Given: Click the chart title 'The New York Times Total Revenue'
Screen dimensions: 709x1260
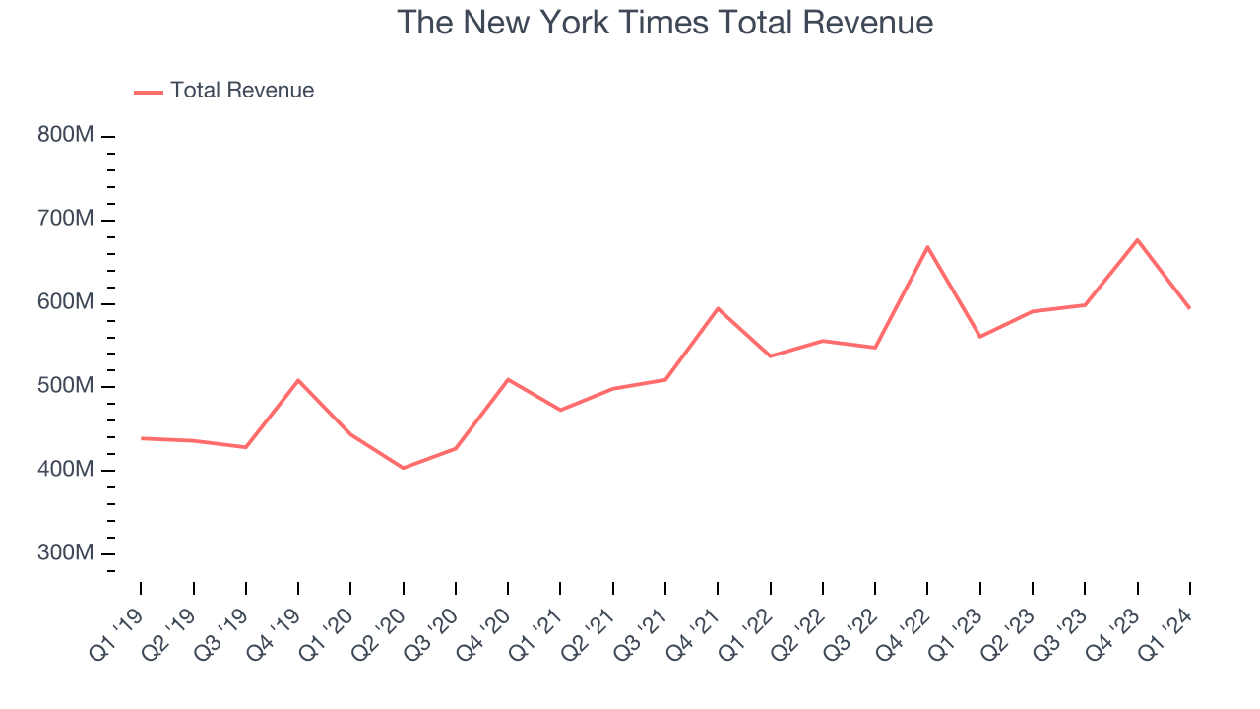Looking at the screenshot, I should click(664, 22).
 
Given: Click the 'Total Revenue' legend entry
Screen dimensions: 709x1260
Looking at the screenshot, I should click(241, 91).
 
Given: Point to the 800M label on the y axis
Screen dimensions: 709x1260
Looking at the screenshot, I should click(66, 135).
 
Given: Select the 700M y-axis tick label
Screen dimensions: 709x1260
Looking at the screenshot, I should click(66, 219).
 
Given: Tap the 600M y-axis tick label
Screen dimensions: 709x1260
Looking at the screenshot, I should click(66, 302).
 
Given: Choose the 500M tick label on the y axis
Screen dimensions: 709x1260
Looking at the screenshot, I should click(66, 386).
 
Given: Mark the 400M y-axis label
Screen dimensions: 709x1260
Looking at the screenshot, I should click(66, 470).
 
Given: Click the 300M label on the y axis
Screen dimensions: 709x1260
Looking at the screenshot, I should click(66, 553).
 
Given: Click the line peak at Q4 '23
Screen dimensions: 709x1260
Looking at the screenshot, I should click(1137, 239).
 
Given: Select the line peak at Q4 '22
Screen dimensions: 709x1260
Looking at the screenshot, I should click(927, 246).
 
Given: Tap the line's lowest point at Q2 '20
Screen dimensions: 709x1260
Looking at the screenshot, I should click(403, 468).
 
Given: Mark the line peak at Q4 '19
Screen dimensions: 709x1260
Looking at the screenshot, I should click(298, 380).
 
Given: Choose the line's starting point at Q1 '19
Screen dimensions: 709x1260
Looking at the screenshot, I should click(141, 438).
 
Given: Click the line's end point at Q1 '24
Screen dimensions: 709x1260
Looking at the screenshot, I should click(1189, 308).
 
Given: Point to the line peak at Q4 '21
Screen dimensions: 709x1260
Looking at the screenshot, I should click(718, 308).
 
